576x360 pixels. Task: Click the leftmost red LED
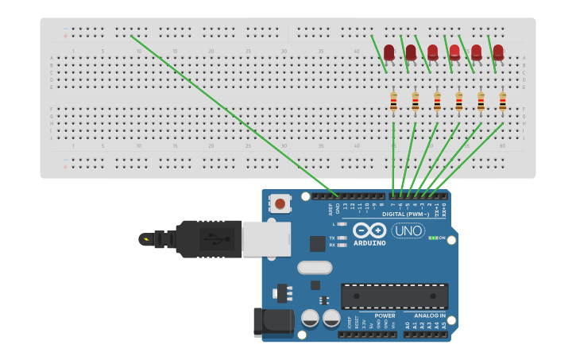(389, 52)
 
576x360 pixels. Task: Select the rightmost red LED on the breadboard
(498, 52)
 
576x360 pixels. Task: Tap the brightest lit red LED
(454, 52)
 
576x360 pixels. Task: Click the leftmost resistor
(393, 101)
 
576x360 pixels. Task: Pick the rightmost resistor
(502, 101)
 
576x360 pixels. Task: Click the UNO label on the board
(408, 230)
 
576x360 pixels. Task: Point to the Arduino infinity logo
(369, 230)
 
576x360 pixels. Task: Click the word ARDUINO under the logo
(369, 243)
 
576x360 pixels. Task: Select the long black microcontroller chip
(394, 296)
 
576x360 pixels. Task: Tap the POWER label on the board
(385, 315)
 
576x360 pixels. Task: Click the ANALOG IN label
(430, 315)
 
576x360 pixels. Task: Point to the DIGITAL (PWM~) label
(406, 214)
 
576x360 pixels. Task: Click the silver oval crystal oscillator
(315, 268)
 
